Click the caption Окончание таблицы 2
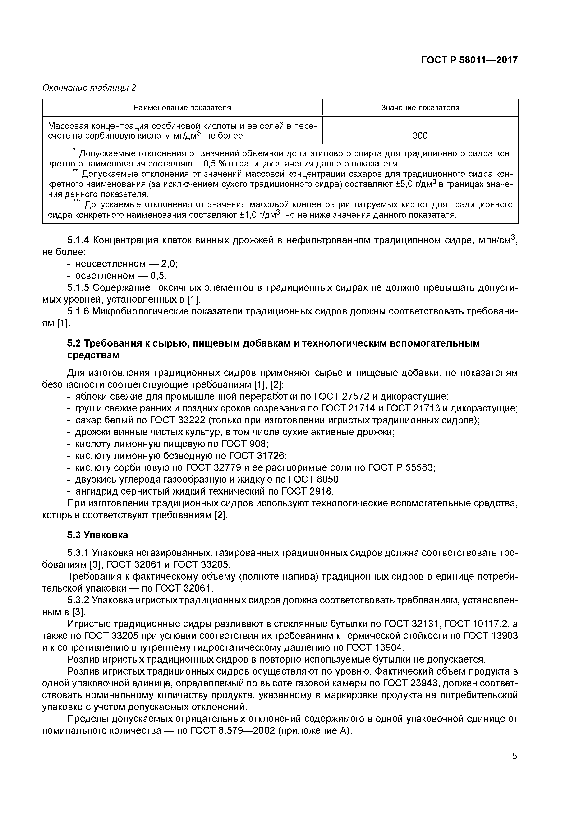pyautogui.click(x=89, y=88)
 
